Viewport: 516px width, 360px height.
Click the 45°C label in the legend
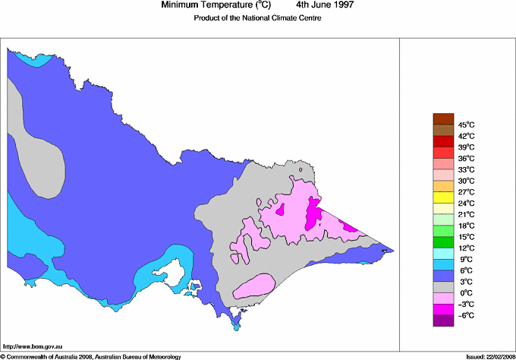[x=465, y=125]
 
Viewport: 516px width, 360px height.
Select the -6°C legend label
[x=465, y=315]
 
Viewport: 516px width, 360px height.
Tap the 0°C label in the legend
[x=465, y=293]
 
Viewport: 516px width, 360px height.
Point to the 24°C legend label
[x=465, y=204]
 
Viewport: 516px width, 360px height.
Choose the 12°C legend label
[x=465, y=248]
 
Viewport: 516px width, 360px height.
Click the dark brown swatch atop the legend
[x=442, y=118]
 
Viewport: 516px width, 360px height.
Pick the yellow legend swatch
[x=442, y=197]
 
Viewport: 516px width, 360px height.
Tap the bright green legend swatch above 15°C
[x=442, y=230]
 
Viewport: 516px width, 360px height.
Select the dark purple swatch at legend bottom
[x=442, y=321]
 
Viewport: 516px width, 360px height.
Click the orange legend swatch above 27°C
[x=442, y=186]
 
